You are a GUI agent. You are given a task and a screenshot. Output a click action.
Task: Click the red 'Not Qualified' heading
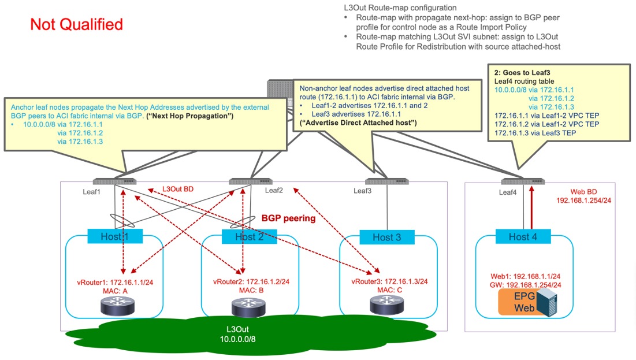click(76, 25)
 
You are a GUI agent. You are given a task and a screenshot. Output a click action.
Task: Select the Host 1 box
click(115, 236)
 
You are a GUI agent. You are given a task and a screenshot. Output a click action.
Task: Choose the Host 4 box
click(523, 236)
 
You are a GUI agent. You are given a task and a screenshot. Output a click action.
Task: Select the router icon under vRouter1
click(116, 306)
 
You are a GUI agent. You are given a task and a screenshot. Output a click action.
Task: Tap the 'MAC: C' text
click(391, 289)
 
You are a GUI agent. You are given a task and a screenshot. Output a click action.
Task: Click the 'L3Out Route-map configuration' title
click(399, 8)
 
